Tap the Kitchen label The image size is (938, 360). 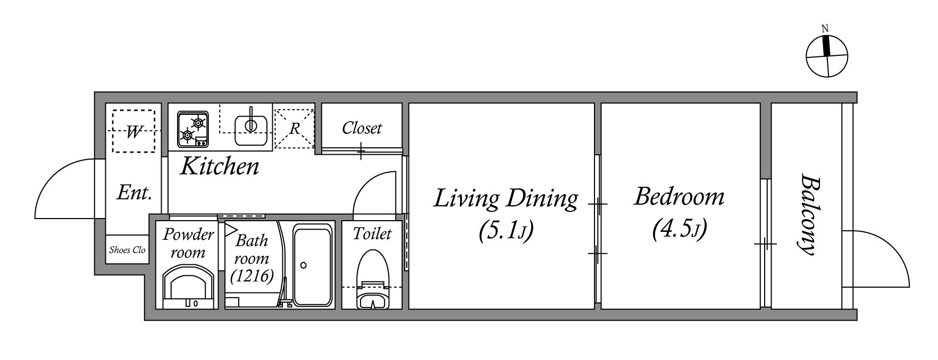(220, 166)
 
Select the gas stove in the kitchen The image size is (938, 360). (193, 129)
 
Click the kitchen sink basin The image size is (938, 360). (250, 126)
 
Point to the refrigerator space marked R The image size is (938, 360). (294, 128)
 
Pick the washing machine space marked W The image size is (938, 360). (133, 130)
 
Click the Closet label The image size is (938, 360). (362, 128)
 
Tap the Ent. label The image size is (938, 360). (135, 192)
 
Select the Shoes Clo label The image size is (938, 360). (127, 250)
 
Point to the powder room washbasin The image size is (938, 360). (189, 288)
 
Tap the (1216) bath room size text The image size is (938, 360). (252, 276)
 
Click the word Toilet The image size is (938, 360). (372, 233)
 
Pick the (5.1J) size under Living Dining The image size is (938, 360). (506, 231)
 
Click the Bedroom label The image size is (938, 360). (679, 197)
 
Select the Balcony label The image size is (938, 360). (807, 214)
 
